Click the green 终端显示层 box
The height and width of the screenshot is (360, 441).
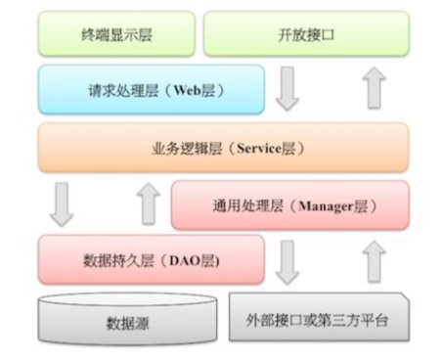point(116,35)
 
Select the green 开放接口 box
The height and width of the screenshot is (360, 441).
point(305,35)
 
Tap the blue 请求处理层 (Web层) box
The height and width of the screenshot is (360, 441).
point(151,90)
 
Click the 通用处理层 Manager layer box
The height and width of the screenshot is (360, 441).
point(290,205)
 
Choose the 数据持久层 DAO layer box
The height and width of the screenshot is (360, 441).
point(151,260)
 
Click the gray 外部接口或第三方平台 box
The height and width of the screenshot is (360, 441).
point(320,317)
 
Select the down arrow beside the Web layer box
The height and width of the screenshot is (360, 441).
point(287,90)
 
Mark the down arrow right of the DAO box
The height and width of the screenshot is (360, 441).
point(287,260)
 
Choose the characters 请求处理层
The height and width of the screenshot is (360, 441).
point(122,91)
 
